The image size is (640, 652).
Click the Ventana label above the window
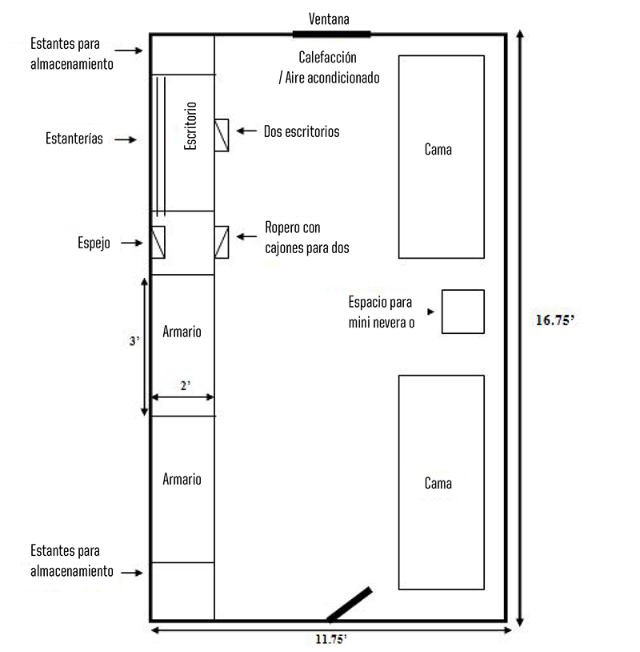click(329, 18)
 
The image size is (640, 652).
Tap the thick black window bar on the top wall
click(331, 34)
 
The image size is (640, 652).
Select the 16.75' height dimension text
click(556, 320)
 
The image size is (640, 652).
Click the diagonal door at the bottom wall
click(350, 605)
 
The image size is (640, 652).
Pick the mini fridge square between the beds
click(462, 312)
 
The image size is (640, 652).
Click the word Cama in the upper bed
click(438, 149)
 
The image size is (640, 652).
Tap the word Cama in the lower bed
click(438, 483)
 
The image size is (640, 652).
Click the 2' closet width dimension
click(185, 385)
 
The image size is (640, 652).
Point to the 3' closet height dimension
click(134, 341)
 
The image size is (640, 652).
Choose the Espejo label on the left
click(93, 242)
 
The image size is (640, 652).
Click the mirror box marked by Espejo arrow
click(158, 242)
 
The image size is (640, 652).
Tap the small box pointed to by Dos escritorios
click(222, 135)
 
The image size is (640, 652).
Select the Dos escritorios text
click(302, 131)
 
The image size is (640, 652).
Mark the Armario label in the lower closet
click(182, 479)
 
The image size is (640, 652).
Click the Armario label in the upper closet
click(182, 331)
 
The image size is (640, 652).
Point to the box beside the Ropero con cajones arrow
click(222, 242)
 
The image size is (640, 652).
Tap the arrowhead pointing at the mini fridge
click(431, 312)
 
